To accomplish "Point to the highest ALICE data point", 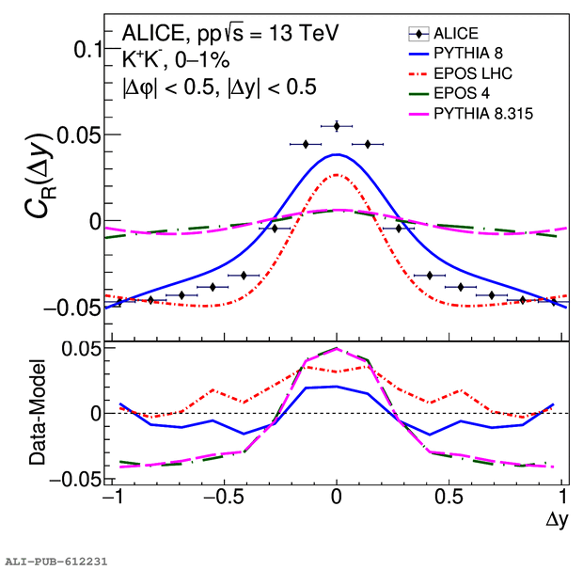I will [x=337, y=126].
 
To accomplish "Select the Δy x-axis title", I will [x=556, y=517].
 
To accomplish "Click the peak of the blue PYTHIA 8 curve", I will [x=337, y=154].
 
